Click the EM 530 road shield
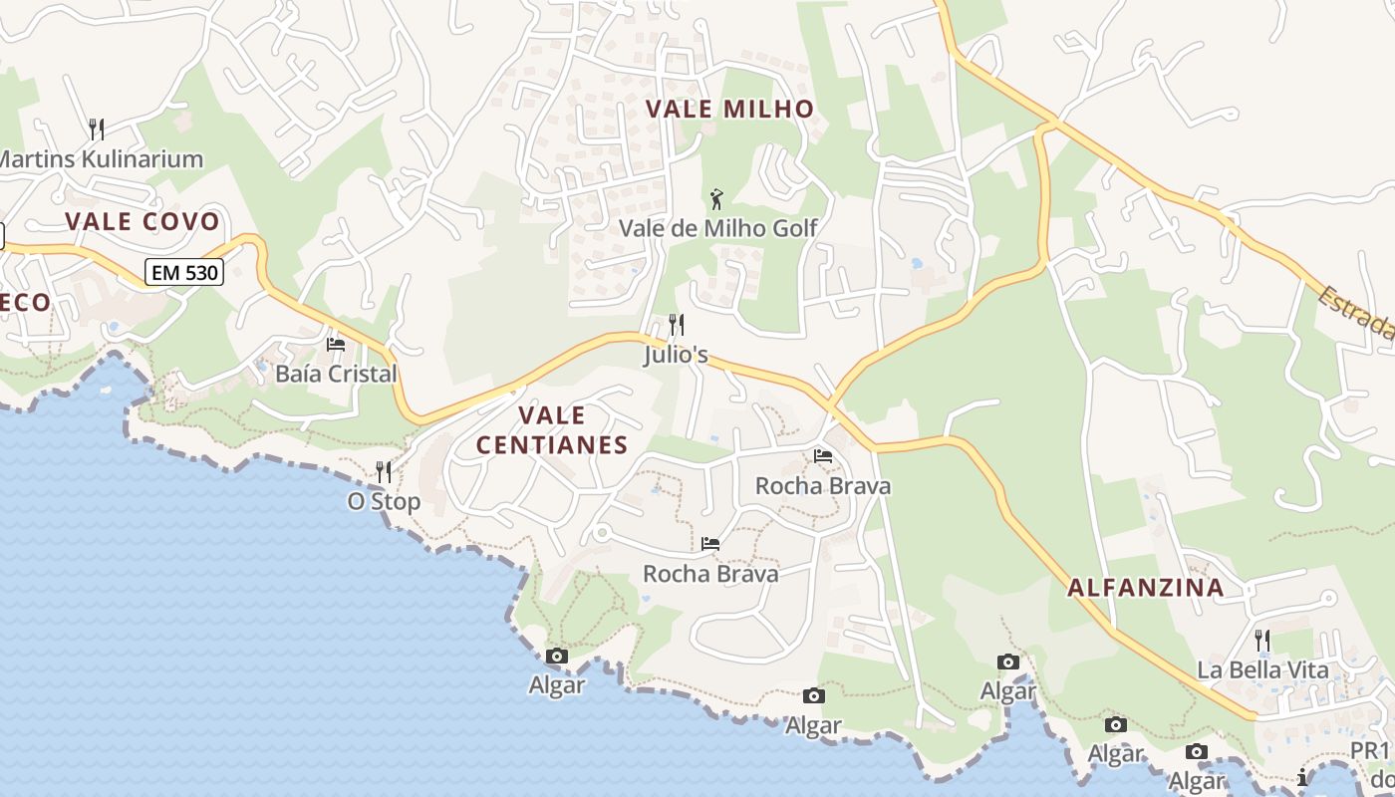click(x=184, y=271)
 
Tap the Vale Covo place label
click(x=141, y=221)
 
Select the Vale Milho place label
click(x=730, y=109)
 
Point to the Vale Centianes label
click(x=551, y=429)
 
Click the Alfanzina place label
click(x=1146, y=588)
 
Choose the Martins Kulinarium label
click(x=101, y=158)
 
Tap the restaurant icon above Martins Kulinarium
click(x=97, y=129)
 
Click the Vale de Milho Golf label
click(x=717, y=228)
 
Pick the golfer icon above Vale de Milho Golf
click(x=716, y=198)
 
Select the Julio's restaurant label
click(x=676, y=355)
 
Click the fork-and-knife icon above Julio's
click(x=676, y=324)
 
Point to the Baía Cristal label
click(x=336, y=375)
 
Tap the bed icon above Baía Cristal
click(x=336, y=345)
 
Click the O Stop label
click(x=384, y=501)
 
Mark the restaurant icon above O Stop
click(x=384, y=471)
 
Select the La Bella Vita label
click(x=1262, y=669)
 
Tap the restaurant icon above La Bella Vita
click(x=1261, y=639)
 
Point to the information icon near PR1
click(x=1302, y=777)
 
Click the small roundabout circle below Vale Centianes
click(x=601, y=534)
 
